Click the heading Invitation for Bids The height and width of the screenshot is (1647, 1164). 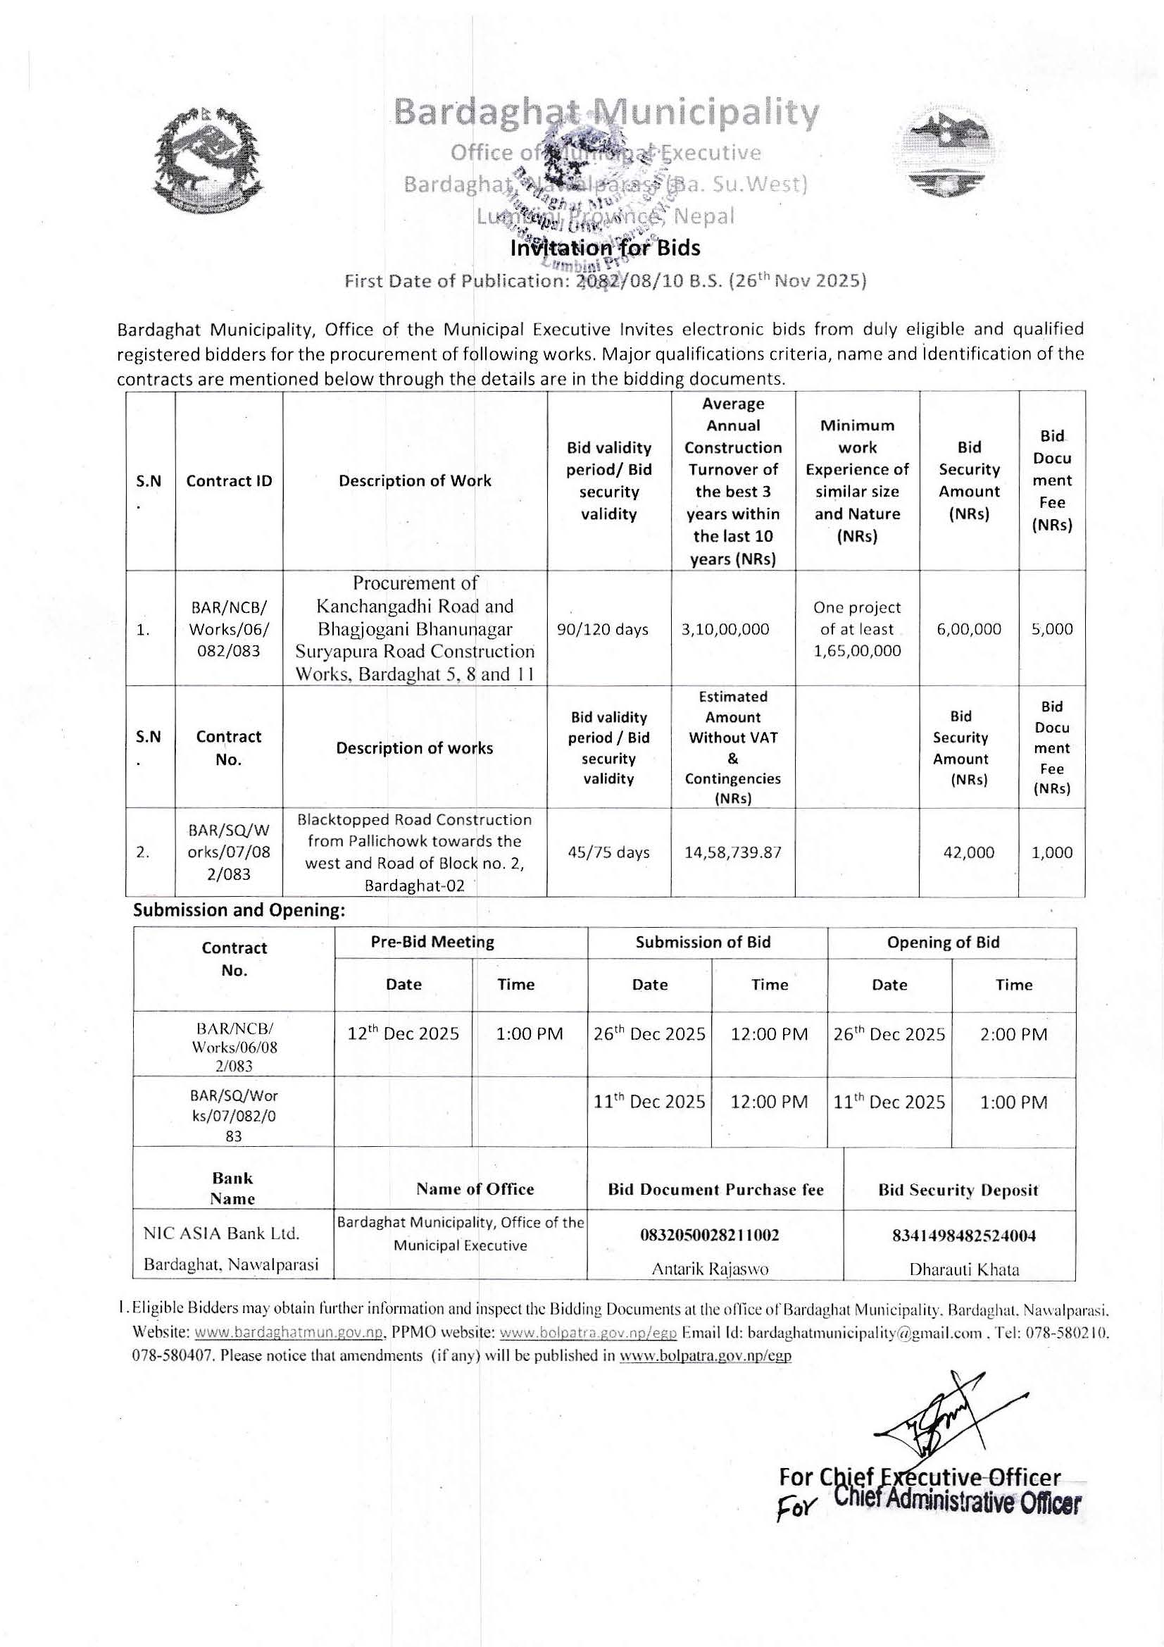(x=605, y=248)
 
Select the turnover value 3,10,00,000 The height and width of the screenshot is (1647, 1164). (x=732, y=629)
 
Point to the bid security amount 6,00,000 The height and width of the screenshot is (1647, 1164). (x=968, y=629)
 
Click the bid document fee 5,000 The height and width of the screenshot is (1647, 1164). (x=1051, y=629)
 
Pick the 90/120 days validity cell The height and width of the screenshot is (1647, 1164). (x=608, y=629)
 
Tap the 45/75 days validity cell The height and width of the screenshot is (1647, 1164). (x=608, y=852)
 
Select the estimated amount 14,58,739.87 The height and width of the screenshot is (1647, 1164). (x=732, y=852)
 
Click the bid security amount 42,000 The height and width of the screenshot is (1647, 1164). (x=968, y=852)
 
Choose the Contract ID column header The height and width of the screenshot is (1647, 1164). (x=229, y=480)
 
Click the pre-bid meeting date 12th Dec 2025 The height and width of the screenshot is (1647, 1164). (x=403, y=1033)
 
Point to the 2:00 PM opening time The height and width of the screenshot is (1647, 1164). (x=1013, y=1033)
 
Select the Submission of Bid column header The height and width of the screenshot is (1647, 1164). (x=702, y=942)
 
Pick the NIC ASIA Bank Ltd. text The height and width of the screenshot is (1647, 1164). (x=221, y=1233)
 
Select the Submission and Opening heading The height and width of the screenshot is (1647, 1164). (x=239, y=910)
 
